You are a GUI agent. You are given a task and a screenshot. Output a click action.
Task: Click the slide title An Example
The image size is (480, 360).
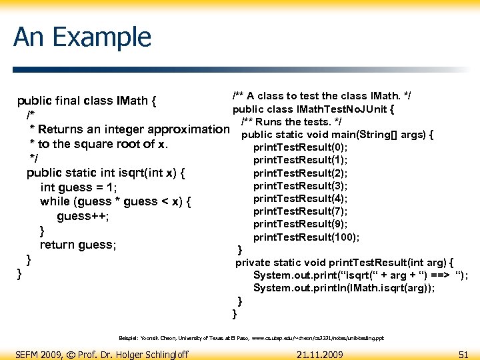coord(82,37)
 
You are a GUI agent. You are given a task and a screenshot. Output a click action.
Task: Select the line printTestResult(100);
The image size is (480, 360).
coord(307,237)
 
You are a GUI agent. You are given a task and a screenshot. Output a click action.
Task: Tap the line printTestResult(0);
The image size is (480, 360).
coord(301,147)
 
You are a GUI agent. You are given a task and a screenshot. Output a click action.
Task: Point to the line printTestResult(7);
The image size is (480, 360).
coord(301,211)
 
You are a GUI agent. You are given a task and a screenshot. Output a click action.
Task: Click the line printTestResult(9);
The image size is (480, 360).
coord(301,224)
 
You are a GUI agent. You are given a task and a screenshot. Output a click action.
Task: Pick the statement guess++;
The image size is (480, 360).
coord(83,216)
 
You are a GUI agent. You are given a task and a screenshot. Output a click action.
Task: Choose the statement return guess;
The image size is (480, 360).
coord(78,245)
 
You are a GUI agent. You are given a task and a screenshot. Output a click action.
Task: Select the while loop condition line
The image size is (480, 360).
coord(115,201)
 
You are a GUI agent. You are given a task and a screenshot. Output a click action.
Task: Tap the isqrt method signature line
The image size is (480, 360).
coord(105,173)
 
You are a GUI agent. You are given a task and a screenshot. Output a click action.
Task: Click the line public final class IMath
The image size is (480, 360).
coord(87,101)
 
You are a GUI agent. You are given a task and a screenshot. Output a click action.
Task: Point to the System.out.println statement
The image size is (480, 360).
coord(344,288)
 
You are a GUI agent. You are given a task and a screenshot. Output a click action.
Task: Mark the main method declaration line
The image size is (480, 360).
coord(338,135)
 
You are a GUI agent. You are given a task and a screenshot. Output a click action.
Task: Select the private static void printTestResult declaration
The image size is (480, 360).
coord(345,262)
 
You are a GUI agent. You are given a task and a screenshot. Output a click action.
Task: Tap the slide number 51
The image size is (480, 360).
coord(464,354)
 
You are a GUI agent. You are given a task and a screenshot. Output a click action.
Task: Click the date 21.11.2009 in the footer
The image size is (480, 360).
coord(320,354)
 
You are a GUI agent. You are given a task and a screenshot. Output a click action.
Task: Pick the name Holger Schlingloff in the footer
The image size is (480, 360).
coord(152,354)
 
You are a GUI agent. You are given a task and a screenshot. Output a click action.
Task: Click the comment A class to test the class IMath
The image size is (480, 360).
coord(321,96)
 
